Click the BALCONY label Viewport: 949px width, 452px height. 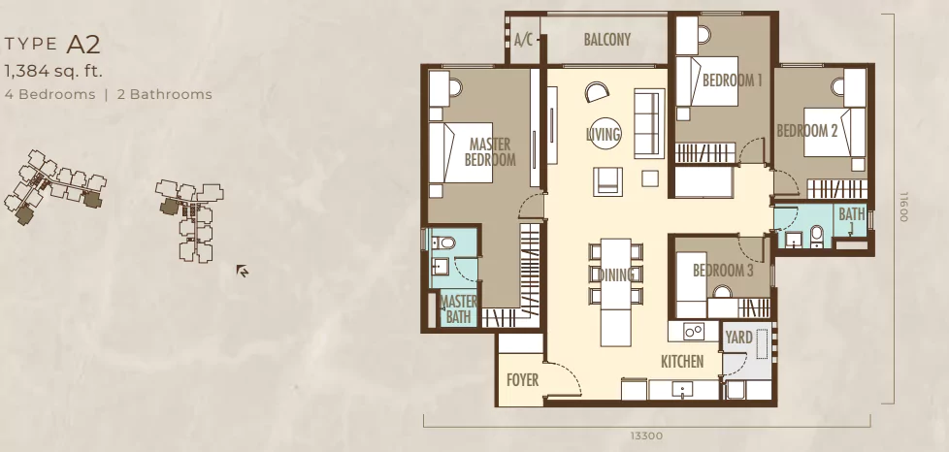coord(607,40)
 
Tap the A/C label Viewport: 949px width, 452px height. coord(524,40)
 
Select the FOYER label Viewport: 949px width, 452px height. coord(522,380)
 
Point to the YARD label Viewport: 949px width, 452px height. coord(739,338)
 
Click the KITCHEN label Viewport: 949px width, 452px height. coord(682,362)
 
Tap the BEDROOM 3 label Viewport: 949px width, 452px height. coord(723,270)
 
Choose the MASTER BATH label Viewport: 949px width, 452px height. coord(459,308)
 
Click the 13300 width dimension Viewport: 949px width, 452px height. coord(646,436)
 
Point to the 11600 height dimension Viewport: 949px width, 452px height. coord(903,207)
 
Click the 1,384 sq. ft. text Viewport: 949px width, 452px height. coord(53,72)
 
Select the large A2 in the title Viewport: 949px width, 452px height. coord(83,45)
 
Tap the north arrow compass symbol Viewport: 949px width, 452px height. coord(242,271)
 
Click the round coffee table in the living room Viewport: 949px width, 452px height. coord(604,133)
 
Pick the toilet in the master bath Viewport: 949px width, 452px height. coord(444,243)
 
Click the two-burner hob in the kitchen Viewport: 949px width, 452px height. coord(694,331)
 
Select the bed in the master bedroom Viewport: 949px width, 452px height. coord(461,152)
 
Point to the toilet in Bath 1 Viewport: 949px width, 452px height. coord(816,236)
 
